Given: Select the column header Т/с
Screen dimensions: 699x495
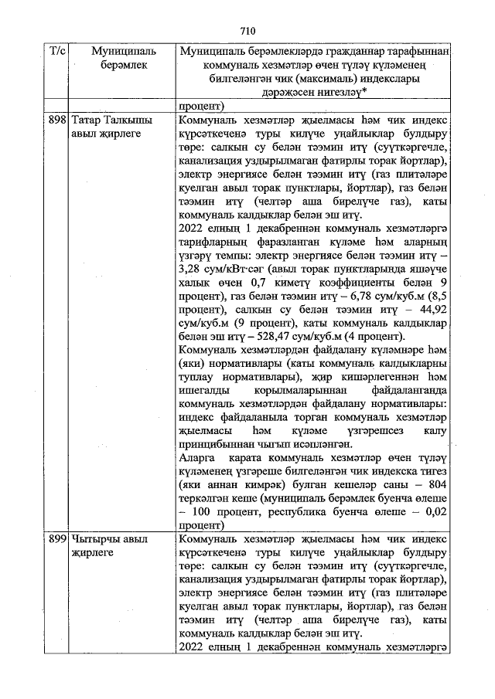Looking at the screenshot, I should (x=58, y=51).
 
